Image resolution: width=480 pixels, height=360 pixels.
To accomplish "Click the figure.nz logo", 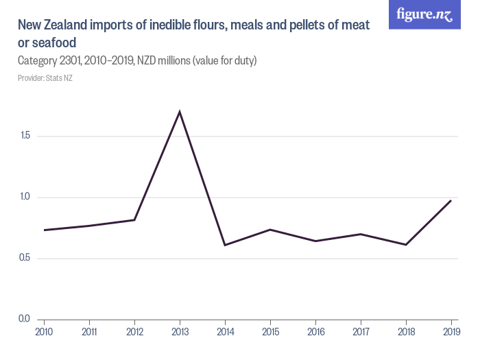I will click(x=424, y=15).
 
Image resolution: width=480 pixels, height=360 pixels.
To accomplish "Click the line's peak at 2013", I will click(x=180, y=112).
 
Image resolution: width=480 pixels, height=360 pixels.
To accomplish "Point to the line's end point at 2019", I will click(x=451, y=200).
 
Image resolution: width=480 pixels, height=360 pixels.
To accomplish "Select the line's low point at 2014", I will click(x=225, y=245).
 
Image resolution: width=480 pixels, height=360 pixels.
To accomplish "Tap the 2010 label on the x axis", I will click(x=44, y=331).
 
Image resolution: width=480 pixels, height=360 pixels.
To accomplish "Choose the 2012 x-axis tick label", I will click(x=134, y=331).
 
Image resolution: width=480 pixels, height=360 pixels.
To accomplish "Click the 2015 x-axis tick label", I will click(x=270, y=331).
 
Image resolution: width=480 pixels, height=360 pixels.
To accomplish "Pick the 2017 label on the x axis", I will click(x=361, y=331).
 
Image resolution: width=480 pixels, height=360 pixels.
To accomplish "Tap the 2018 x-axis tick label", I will click(x=406, y=331).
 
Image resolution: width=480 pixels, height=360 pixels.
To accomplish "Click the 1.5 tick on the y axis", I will click(x=26, y=136).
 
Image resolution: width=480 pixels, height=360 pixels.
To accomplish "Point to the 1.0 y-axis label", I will click(x=26, y=197).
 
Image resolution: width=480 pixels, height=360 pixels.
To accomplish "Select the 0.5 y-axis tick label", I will click(x=26, y=259).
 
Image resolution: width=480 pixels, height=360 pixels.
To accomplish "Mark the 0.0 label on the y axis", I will click(x=26, y=319).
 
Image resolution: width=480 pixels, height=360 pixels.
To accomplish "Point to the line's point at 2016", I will click(x=315, y=241).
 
